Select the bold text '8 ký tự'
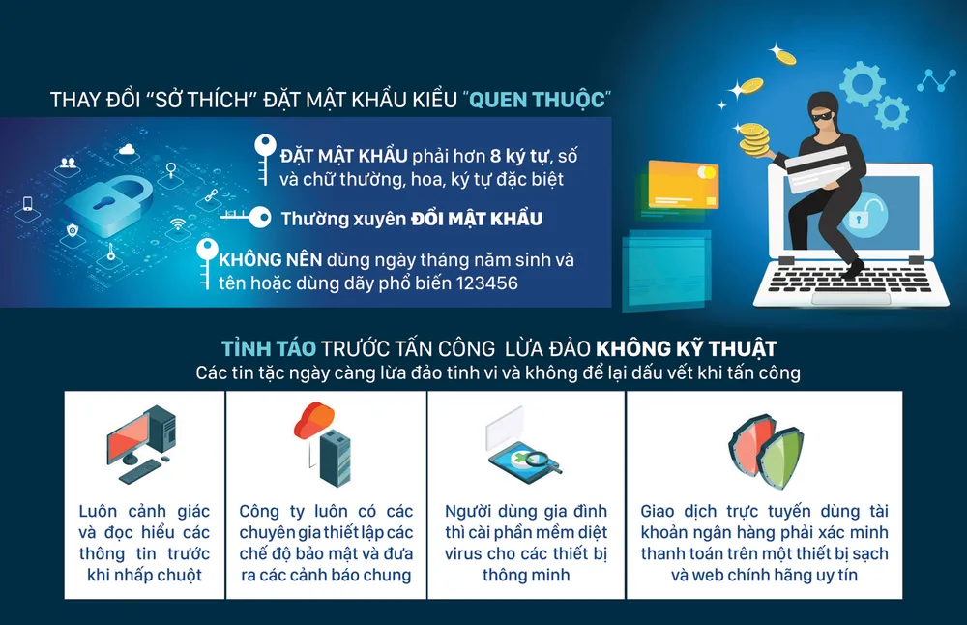pyautogui.click(x=522, y=155)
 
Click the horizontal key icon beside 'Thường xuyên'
pyautogui.click(x=247, y=218)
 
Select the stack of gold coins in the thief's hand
pyautogui.click(x=754, y=134)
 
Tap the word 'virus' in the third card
pyautogui.click(x=468, y=554)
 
